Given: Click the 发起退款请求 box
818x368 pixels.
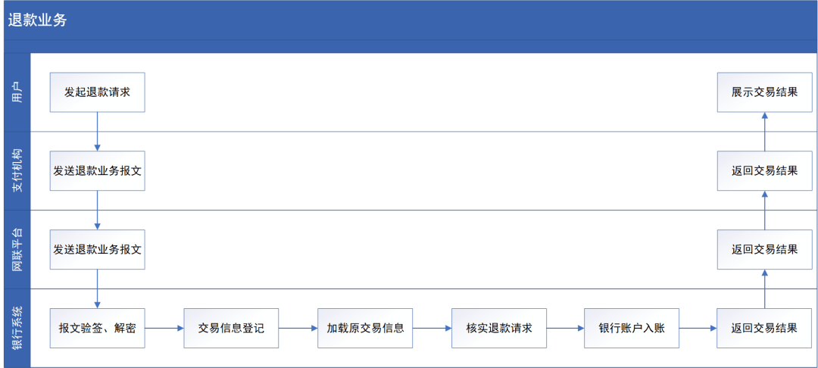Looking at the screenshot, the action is [98, 92].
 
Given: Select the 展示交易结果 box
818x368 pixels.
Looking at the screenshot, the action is [765, 92].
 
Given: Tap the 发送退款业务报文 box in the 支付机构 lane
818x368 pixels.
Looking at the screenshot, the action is [98, 171].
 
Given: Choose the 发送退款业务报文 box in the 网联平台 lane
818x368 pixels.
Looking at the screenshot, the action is [98, 249].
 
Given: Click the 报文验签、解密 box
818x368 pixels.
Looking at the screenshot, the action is [98, 329].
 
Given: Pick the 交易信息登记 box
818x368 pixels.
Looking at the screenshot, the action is [231, 329].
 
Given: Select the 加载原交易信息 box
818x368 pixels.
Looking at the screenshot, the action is [365, 329].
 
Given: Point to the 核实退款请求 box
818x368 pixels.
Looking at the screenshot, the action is [499, 329].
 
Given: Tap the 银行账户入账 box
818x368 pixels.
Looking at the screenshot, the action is [632, 329].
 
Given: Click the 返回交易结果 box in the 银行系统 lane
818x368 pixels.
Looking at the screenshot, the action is [765, 329].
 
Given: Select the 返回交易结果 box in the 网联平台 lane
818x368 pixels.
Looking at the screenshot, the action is [765, 249].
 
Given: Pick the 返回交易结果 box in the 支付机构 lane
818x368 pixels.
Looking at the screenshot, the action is [765, 171].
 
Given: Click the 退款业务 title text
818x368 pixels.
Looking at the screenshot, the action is [37, 20].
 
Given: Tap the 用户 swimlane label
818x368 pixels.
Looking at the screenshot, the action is [17, 92].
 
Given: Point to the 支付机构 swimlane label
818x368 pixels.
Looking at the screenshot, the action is [17, 171].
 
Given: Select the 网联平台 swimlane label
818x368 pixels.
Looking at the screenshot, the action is [17, 249].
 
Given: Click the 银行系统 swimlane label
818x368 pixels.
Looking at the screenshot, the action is [17, 329].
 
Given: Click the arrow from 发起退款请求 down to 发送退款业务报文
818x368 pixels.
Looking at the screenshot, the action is [98, 131].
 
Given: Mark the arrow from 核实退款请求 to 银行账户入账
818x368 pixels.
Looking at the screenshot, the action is [566, 329].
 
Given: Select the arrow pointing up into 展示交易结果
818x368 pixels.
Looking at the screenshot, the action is [765, 131].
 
